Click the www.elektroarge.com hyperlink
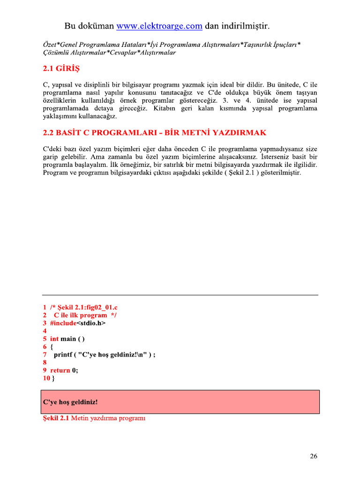coord(159,26)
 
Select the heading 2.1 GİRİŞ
coord(61,69)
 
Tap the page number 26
coord(314,456)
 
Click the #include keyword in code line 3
coord(63,323)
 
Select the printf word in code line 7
coord(63,355)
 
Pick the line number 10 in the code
coord(46,378)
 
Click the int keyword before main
coord(54,339)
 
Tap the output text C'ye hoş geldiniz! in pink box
coord(70,402)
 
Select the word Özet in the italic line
coord(50,45)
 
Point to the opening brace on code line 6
coord(52,347)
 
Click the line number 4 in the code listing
coord(45,331)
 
